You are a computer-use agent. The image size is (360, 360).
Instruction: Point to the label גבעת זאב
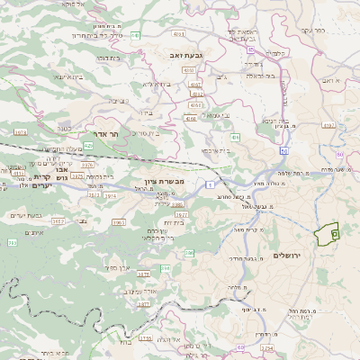click(184, 55)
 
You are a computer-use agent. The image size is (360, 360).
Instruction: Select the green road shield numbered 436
click(234, 137)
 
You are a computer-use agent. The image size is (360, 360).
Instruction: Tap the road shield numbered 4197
click(328, 125)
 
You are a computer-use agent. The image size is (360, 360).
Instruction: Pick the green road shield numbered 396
click(165, 268)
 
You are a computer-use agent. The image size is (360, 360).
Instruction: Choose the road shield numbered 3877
click(144, 304)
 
